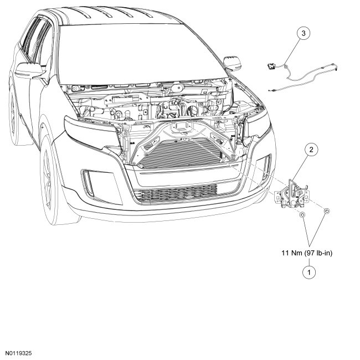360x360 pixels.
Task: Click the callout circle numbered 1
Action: (308, 272)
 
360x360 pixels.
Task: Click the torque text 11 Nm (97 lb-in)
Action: (308, 253)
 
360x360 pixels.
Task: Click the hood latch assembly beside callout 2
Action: (293, 194)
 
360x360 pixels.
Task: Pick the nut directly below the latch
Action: (302, 215)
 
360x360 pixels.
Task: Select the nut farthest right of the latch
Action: (327, 210)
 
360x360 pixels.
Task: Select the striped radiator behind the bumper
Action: (183, 150)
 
